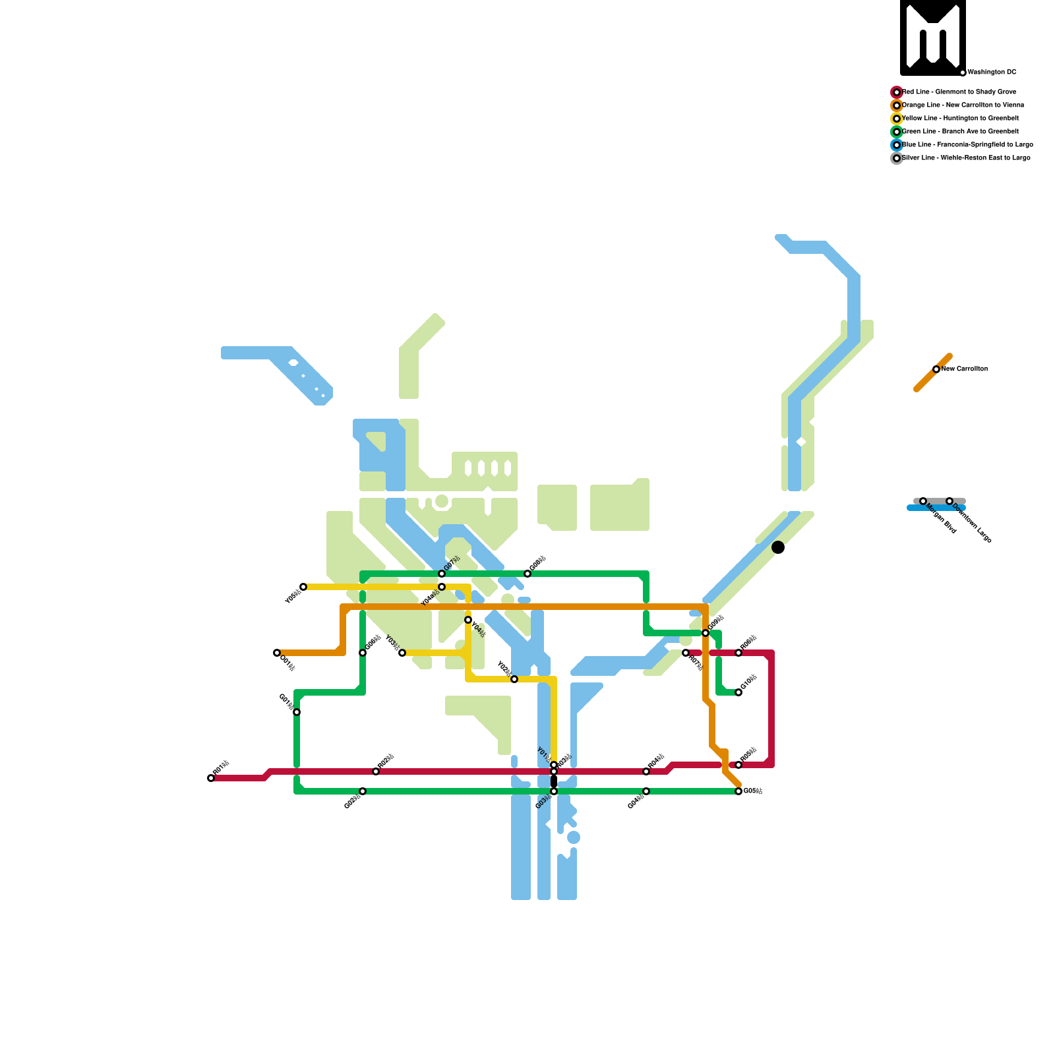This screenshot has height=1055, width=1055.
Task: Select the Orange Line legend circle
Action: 897,105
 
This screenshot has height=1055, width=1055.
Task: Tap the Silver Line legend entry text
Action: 966,158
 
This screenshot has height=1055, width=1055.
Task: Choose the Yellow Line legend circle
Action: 897,119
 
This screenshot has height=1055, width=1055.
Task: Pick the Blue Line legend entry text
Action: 967,145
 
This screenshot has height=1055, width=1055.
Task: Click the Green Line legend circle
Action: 897,132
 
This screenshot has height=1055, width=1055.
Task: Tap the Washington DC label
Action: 992,73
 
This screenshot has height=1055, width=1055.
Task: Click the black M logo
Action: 933,38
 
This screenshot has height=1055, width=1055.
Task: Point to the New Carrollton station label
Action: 964,369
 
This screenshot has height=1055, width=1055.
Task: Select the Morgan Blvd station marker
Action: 923,501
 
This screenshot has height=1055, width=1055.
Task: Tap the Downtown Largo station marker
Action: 950,501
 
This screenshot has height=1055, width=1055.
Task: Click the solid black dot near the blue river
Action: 778,547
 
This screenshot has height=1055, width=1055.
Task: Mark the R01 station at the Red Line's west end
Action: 211,778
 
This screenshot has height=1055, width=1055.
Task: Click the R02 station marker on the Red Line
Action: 376,771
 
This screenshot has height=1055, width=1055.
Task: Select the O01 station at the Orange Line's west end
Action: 277,653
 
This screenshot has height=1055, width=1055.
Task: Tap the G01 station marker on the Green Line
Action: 297,712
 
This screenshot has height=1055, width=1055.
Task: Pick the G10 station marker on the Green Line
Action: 738,692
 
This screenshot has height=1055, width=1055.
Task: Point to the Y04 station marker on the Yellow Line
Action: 468,620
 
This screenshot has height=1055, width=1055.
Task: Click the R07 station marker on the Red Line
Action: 686,653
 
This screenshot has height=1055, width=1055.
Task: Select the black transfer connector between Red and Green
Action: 554,781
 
